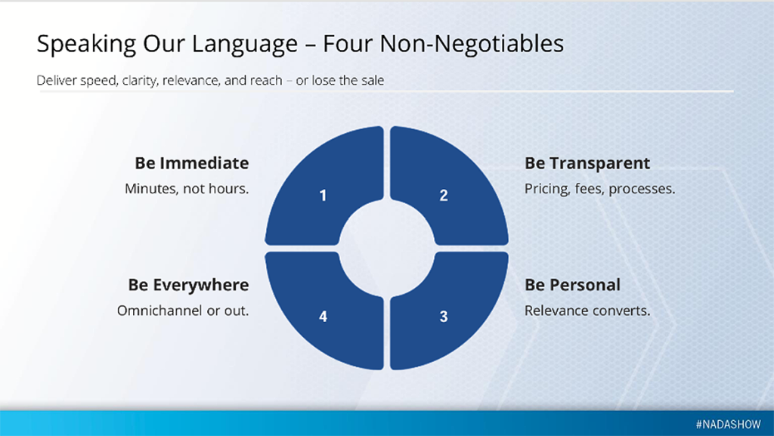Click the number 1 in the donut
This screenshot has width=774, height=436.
pos(323,195)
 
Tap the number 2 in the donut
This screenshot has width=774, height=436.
pos(444,195)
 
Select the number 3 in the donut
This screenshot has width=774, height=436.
pos(444,316)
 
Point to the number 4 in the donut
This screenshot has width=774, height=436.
pos(323,316)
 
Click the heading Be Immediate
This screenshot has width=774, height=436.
pos(191,162)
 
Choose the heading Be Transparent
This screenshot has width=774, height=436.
pos(587,162)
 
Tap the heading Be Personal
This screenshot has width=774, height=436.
pos(573,285)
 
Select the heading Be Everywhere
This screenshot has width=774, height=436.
pos(188,285)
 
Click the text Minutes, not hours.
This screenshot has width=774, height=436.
pos(187,188)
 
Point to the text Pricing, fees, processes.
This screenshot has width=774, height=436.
pos(599,188)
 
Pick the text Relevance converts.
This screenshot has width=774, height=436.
pos(587,311)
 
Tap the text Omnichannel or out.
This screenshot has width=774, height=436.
pos(183,311)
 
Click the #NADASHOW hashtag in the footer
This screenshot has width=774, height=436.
pos(729,424)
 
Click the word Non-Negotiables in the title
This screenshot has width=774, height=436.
pos(472,43)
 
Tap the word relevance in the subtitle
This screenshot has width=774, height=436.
pos(191,80)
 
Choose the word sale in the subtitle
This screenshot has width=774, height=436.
pos(372,80)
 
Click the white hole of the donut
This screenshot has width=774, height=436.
pos(386,248)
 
